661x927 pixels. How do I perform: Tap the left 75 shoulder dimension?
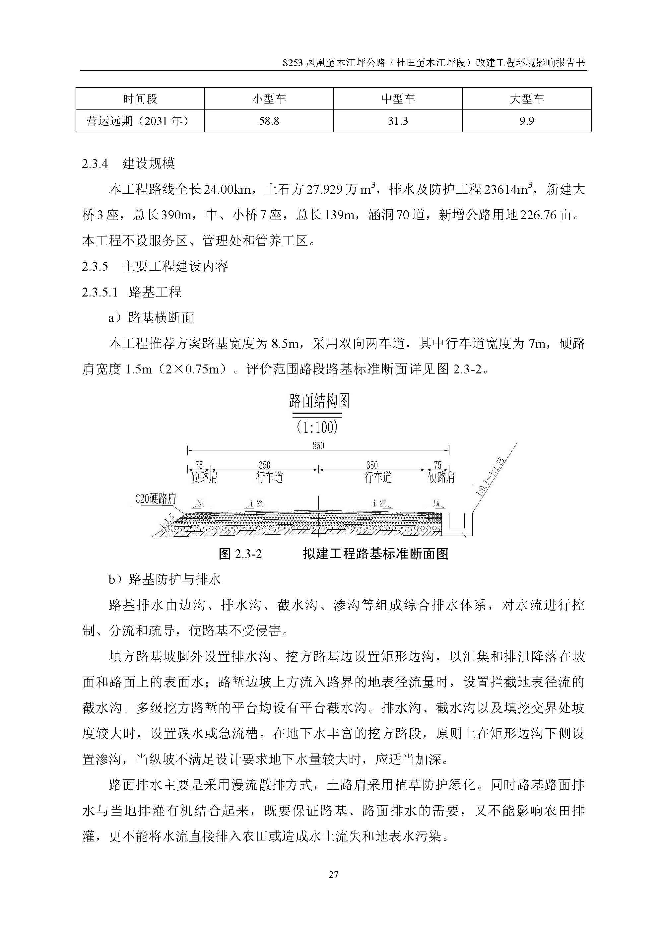point(199,465)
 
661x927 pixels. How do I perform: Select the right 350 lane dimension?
point(371,465)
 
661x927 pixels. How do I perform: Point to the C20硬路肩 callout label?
point(155,499)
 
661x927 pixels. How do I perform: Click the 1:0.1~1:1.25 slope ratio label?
point(490,477)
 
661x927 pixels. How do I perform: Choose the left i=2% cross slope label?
point(256,503)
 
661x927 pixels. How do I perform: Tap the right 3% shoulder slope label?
point(435,503)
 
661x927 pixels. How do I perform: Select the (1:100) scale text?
point(317,427)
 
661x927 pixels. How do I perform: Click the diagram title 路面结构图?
point(319,401)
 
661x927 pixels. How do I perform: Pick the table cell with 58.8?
point(269,121)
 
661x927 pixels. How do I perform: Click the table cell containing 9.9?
point(527,121)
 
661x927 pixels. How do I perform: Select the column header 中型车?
point(398,99)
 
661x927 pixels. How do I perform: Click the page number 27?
point(333,875)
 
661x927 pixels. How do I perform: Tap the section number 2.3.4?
point(95,164)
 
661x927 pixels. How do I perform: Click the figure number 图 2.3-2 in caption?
point(240,554)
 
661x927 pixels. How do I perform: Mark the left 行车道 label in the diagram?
point(269,477)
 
